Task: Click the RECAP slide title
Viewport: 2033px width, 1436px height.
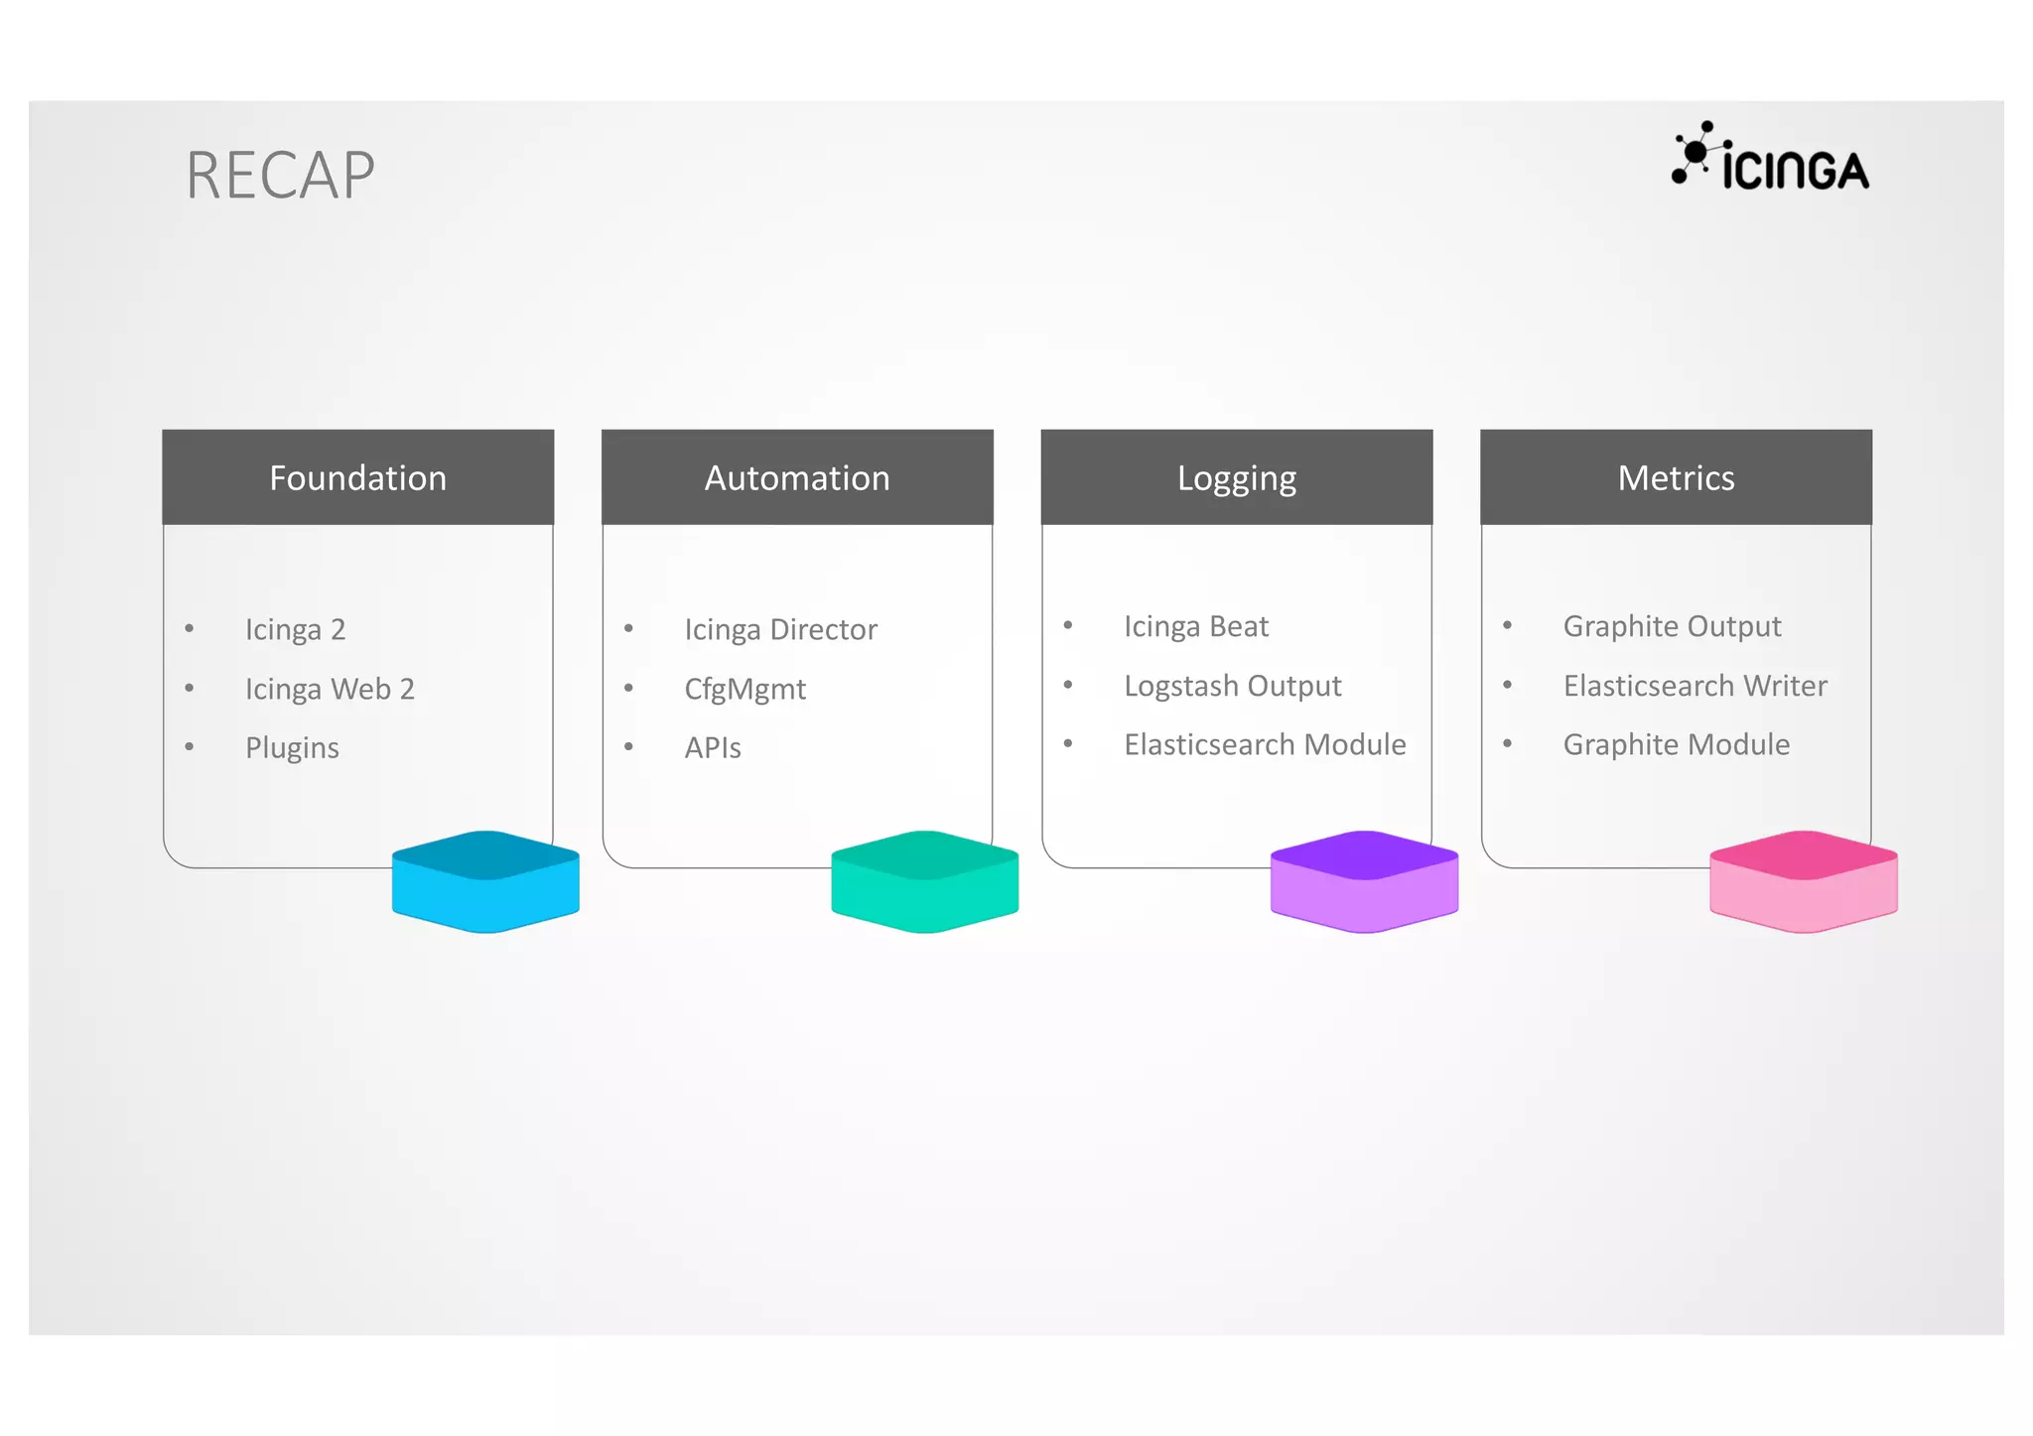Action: pos(280,176)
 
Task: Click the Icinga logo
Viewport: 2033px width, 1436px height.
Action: pos(1770,159)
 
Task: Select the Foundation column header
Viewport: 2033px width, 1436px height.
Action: pos(357,477)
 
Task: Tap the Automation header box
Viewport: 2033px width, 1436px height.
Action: pos(797,477)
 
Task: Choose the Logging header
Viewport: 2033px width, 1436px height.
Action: pos(1236,477)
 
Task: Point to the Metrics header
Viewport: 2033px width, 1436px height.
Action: pos(1676,477)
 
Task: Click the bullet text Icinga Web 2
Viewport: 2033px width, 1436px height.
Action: pos(330,689)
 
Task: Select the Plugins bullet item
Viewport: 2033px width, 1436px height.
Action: pos(292,747)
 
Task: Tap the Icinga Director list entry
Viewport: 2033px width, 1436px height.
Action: pos(780,629)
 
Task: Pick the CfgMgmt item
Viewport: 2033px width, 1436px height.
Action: pos(745,689)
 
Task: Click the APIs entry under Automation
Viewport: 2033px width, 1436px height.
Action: pos(713,747)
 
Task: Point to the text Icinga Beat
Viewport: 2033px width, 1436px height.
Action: pos(1196,626)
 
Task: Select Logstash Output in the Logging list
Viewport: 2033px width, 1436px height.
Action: pos(1232,686)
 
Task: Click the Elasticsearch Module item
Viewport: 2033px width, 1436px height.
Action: pos(1265,744)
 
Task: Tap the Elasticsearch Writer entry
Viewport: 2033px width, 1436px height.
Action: pos(1694,686)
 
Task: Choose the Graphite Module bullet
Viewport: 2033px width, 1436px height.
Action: pos(1676,744)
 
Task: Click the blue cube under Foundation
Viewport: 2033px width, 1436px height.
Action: pos(485,881)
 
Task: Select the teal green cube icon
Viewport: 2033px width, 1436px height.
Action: pos(924,881)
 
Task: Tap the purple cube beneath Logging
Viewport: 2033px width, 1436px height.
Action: pos(1364,881)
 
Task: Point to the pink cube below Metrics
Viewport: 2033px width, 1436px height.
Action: pos(1803,881)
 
